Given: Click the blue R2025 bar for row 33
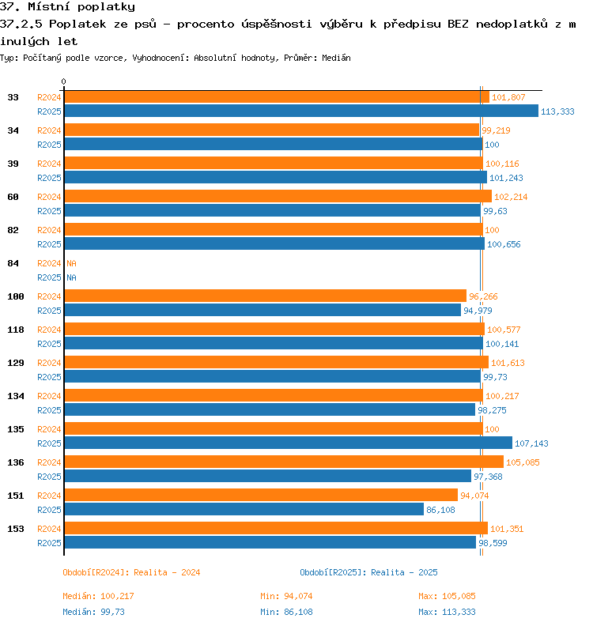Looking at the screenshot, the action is tap(301, 111).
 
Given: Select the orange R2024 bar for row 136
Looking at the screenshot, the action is tap(284, 462).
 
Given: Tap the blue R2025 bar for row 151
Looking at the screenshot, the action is tap(244, 510).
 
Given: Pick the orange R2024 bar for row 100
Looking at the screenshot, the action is tap(265, 296).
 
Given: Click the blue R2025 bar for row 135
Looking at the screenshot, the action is tap(289, 443).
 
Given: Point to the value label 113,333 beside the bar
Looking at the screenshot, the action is tap(557, 111).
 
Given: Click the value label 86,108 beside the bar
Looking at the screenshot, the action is tap(440, 510).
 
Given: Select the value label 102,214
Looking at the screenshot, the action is tap(511, 197).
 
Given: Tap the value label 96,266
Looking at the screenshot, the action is tap(483, 296).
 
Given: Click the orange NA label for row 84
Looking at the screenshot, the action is tap(71, 263).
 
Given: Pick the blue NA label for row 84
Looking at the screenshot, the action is tap(71, 277).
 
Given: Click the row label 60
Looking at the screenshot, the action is tap(13, 197).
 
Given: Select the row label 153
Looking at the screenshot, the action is tap(16, 529).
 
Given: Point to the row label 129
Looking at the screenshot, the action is tap(16, 363).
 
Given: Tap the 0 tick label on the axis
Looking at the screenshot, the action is tap(63, 82).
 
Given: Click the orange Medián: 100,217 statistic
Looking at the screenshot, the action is tap(98, 596).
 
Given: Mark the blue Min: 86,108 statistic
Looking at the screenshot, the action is tap(286, 612).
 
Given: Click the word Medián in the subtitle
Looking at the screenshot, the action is tap(336, 58).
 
